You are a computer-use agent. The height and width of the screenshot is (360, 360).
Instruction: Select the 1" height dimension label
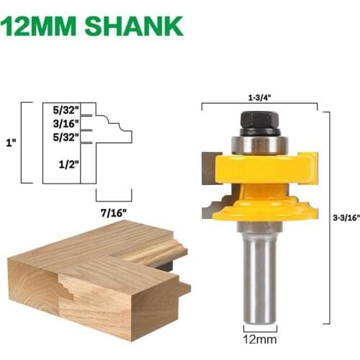tap(11, 143)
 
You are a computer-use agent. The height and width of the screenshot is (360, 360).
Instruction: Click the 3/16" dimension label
tap(66, 123)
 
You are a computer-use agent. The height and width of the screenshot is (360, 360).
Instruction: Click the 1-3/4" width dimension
tap(258, 94)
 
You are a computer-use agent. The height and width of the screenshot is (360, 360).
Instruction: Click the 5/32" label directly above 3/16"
tap(66, 110)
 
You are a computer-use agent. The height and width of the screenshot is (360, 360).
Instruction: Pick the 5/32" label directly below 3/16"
tap(66, 136)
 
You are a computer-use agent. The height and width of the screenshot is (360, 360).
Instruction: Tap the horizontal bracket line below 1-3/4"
tap(258, 105)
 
